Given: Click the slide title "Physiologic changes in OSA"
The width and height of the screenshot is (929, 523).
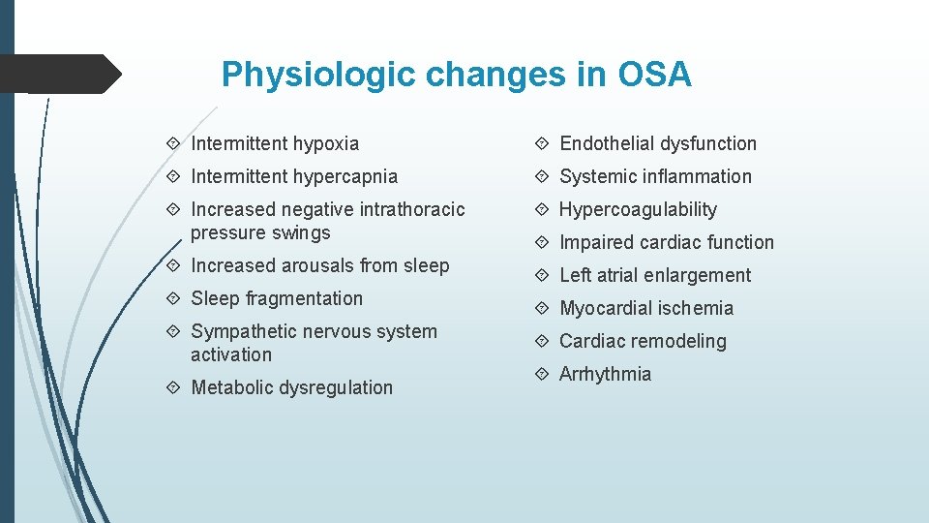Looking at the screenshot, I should coord(456,75).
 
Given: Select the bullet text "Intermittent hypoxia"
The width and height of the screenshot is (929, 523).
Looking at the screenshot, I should coord(275,144).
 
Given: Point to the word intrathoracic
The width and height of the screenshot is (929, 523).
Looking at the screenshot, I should coord(412,210).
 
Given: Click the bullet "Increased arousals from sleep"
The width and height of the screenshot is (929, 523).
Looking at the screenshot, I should coord(319,266).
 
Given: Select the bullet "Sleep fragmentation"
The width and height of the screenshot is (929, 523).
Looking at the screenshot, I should coord(277,299).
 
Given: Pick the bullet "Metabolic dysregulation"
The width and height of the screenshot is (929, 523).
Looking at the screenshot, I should coord(291,388).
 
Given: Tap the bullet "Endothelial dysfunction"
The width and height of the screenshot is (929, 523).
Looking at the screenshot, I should coord(658,144).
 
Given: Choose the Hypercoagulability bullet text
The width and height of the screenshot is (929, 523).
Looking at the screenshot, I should coord(638,210).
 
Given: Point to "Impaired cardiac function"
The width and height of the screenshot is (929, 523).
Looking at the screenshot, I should coord(667,243).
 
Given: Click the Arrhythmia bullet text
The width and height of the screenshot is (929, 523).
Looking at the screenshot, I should coord(605,375).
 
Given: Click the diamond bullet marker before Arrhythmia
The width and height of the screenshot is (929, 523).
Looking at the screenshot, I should coord(544,375).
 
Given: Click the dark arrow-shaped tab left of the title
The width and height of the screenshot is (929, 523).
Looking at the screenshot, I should coord(58,74).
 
